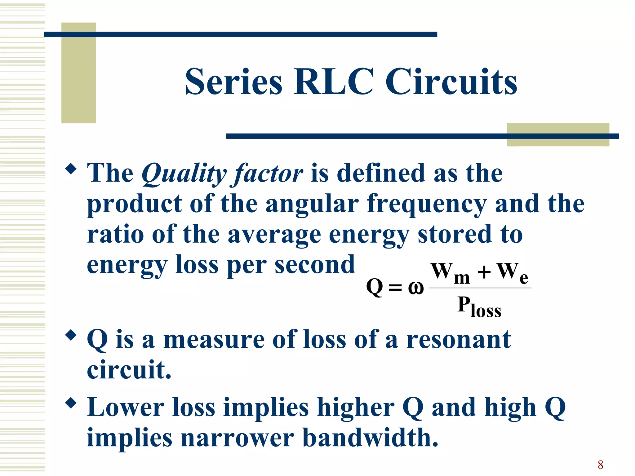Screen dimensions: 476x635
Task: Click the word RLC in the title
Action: pyautogui.click(x=334, y=82)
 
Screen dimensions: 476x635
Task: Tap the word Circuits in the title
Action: pyautogui.click(x=451, y=82)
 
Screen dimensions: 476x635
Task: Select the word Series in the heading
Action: pyautogui.click(x=234, y=82)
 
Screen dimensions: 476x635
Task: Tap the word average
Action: pyautogui.click(x=274, y=235)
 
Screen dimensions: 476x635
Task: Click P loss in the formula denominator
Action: pyautogui.click(x=479, y=307)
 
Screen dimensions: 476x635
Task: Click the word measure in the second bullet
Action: pyautogui.click(x=214, y=340)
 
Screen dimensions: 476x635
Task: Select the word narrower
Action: pyautogui.click(x=237, y=438)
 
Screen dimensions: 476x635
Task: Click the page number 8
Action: pyautogui.click(x=601, y=465)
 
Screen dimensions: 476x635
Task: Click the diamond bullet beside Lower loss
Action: pyautogui.click(x=71, y=403)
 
